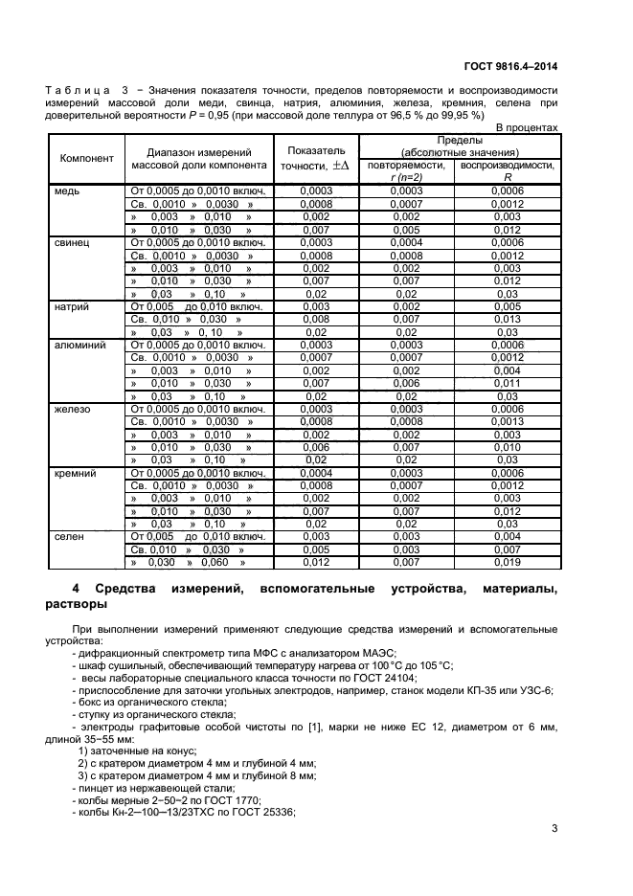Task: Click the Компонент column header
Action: (x=87, y=158)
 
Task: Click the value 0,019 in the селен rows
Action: (x=507, y=563)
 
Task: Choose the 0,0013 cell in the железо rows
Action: (x=507, y=421)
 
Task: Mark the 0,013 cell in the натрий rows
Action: (x=507, y=319)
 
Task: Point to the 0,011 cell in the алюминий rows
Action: (x=507, y=383)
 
